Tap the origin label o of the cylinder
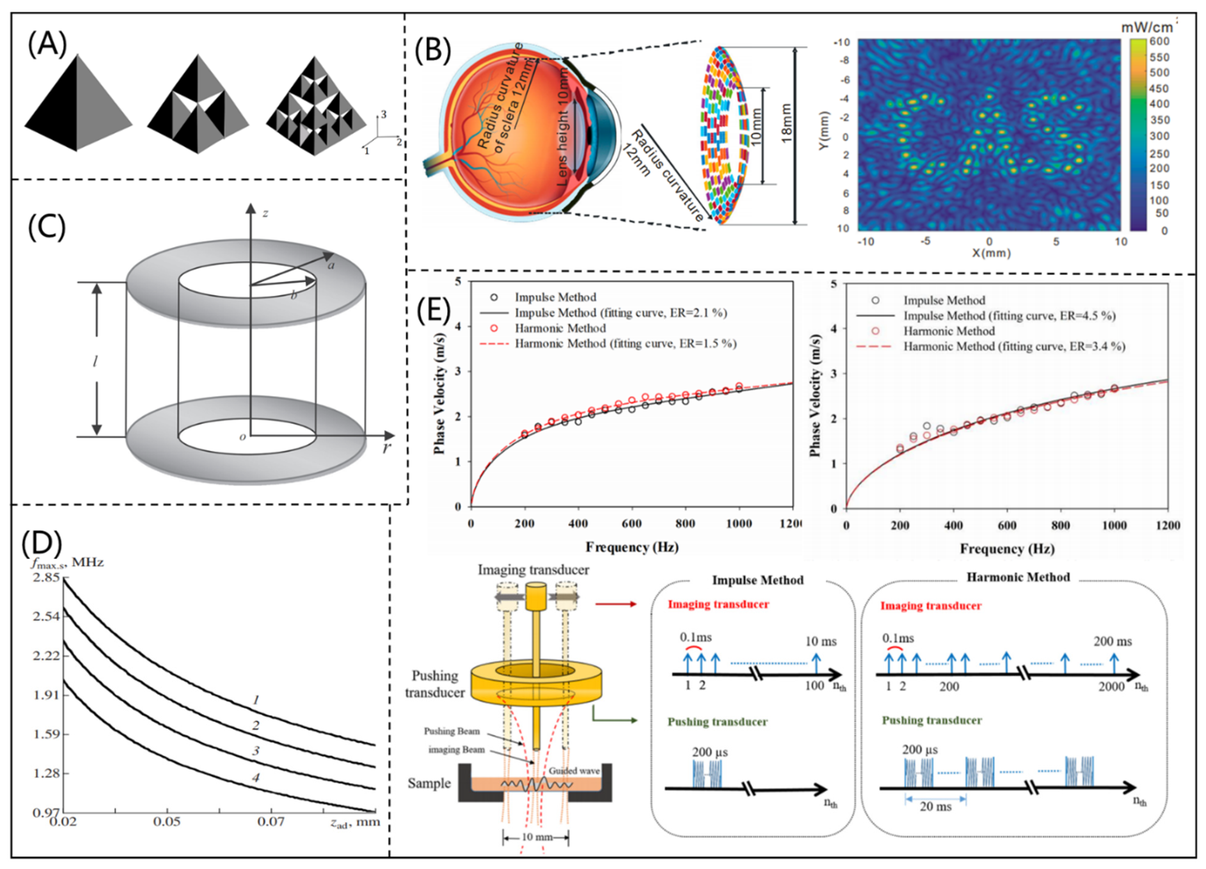(242, 437)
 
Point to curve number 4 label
(256, 777)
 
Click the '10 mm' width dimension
(537, 837)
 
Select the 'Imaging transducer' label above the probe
(533, 570)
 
